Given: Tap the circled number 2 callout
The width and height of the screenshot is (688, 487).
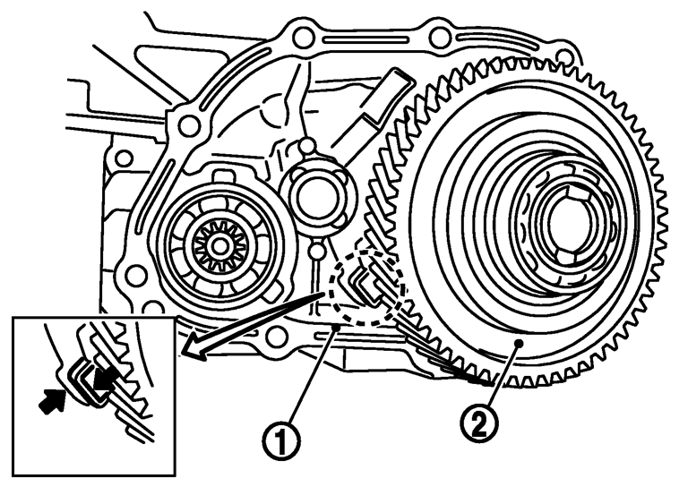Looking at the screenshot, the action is click(479, 424).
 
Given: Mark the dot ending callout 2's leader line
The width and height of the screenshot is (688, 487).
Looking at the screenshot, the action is click(518, 342).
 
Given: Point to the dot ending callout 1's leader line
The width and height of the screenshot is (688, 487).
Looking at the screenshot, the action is click(336, 327).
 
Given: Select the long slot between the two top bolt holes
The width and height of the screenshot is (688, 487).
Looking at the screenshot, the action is click(365, 40).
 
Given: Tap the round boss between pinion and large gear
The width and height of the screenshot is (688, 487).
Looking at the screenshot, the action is click(312, 196).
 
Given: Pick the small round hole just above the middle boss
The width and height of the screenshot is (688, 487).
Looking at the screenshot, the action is click(306, 144).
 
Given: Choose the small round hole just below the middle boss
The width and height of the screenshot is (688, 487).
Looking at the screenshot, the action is click(317, 252).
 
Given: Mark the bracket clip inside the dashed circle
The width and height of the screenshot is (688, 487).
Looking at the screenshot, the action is click(366, 288).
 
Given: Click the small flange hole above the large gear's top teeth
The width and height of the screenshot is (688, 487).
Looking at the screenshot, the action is click(566, 56).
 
